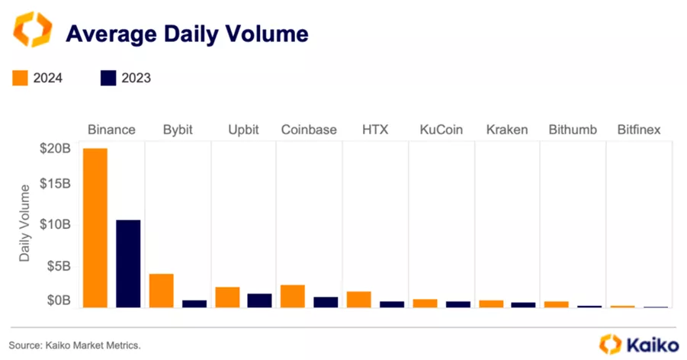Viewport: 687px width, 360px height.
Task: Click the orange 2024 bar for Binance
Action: pyautogui.click(x=95, y=227)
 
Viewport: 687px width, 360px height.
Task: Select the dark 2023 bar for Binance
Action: pyautogui.click(x=128, y=263)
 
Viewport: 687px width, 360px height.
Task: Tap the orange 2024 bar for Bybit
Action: pyautogui.click(x=161, y=290)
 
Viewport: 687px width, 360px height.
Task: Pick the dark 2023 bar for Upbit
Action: pyautogui.click(x=259, y=300)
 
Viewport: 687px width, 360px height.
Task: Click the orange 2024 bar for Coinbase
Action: pyautogui.click(x=293, y=295)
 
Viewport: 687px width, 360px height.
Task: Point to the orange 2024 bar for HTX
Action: pyautogui.click(x=358, y=299)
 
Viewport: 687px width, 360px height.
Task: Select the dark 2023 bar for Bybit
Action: pyautogui.click(x=194, y=303)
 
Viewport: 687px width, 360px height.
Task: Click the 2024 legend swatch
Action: pyautogui.click(x=21, y=78)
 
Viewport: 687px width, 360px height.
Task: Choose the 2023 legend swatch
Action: pyautogui.click(x=108, y=78)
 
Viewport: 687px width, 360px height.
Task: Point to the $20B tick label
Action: pyautogui.click(x=55, y=149)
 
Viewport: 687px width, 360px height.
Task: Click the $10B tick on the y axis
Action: pyautogui.click(x=55, y=224)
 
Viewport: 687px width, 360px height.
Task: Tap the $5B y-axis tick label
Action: pyautogui.click(x=58, y=266)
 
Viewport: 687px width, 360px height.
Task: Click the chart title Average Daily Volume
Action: pyautogui.click(x=187, y=34)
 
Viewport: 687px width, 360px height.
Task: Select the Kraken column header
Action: pyautogui.click(x=506, y=130)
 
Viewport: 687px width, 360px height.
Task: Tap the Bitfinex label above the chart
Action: pyautogui.click(x=638, y=130)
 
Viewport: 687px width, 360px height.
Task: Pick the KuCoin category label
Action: pyautogui.click(x=441, y=130)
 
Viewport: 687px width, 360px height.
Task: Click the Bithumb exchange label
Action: pyautogui.click(x=573, y=130)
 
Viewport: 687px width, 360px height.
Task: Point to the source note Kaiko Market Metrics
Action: pyautogui.click(x=75, y=346)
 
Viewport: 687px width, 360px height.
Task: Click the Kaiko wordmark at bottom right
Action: pyautogui.click(x=652, y=345)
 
